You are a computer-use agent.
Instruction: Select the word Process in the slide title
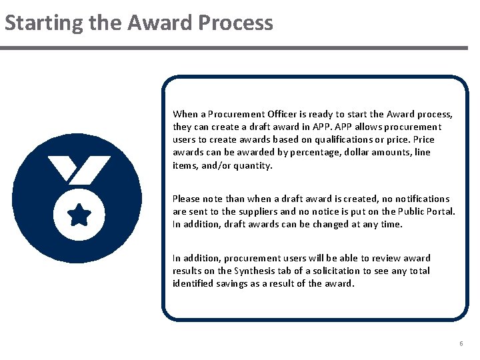click(x=235, y=23)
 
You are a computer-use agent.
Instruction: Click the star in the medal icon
click(x=79, y=215)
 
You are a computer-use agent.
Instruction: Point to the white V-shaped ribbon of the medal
click(x=79, y=169)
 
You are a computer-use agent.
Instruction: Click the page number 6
click(x=461, y=343)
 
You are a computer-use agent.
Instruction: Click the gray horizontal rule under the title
click(x=234, y=48)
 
